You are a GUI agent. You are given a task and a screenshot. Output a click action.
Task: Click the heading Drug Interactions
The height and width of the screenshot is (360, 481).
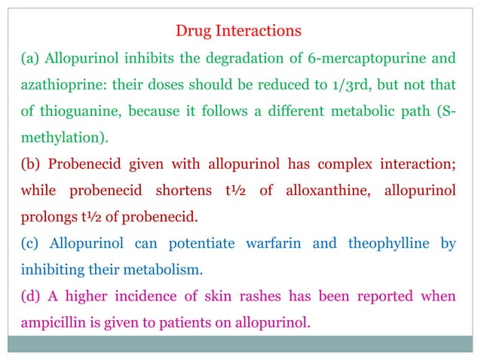pos(238,31)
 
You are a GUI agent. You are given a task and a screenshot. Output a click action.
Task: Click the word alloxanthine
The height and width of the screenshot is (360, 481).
pos(327,191)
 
